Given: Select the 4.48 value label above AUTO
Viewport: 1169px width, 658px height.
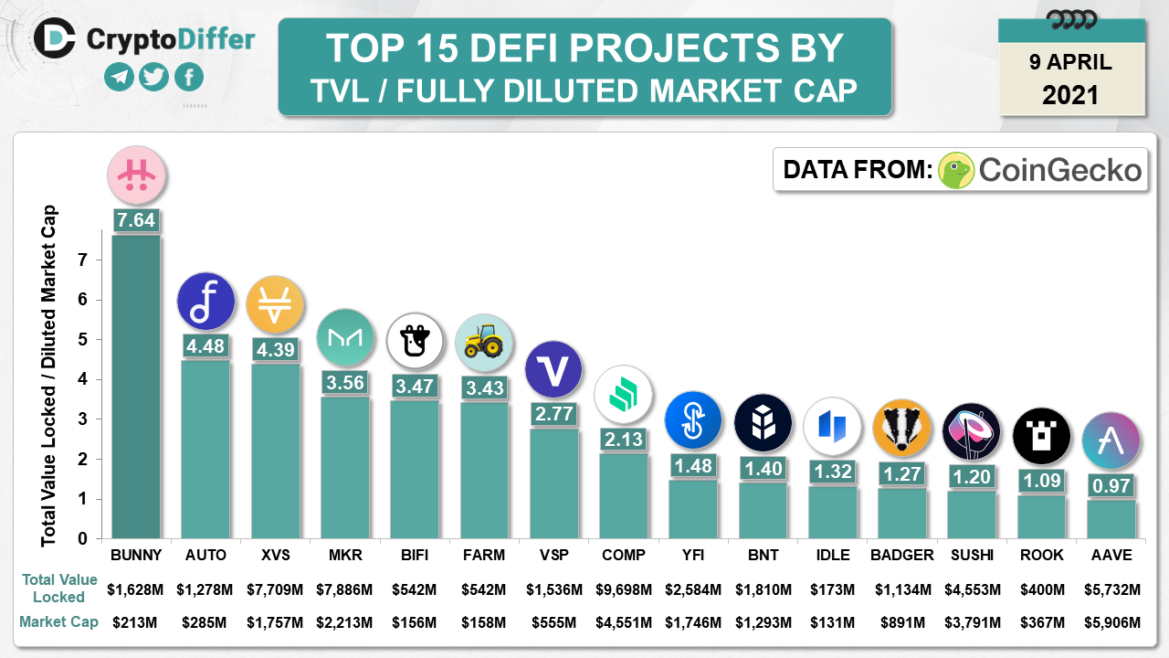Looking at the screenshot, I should [205, 345].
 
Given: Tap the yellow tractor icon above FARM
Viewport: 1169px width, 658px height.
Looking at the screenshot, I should [483, 343].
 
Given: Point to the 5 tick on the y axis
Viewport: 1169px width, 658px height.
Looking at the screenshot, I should [82, 339].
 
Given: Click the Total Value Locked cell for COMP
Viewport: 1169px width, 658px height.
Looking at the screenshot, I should [624, 589].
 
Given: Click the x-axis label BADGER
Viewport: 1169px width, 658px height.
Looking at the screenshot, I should [902, 555].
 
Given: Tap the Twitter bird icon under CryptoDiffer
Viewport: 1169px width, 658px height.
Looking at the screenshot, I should [154, 77].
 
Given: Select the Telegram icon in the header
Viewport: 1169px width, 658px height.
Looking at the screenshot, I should [120, 77].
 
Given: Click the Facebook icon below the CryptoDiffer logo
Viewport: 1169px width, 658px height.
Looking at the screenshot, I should [189, 77].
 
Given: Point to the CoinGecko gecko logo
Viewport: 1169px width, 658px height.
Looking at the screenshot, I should [956, 170].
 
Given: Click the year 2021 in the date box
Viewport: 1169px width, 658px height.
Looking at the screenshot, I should [1070, 94].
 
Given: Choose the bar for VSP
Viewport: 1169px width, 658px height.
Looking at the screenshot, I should [553, 483].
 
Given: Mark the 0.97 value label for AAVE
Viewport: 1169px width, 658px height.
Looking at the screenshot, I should [1111, 486].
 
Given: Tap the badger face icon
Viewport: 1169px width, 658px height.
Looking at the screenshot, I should [901, 428].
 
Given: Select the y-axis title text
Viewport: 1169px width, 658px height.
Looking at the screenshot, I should [48, 376].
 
